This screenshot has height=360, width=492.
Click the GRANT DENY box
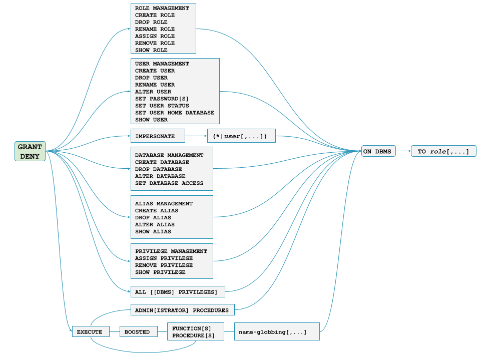click(30, 151)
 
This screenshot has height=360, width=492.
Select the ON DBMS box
click(378, 151)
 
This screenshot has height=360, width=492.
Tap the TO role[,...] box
click(443, 151)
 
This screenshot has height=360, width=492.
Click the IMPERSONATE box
click(158, 136)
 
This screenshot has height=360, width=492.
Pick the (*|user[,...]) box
click(241, 136)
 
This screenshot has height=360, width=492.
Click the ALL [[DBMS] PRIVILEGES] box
click(178, 292)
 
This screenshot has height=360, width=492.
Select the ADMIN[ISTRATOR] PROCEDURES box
click(183, 310)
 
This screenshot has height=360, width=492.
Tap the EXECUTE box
click(90, 332)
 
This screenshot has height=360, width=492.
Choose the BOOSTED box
click(137, 332)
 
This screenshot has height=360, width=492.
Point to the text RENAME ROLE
click(155, 29)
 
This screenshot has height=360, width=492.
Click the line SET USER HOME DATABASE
click(174, 113)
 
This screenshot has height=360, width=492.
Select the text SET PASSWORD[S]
click(162, 99)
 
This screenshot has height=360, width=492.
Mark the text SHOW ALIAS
click(153, 231)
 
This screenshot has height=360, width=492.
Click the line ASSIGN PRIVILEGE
click(164, 258)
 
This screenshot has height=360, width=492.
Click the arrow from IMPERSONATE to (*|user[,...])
click(196, 136)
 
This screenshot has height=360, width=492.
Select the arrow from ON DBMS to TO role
click(403, 151)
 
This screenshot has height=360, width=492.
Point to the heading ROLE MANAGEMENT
click(162, 8)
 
